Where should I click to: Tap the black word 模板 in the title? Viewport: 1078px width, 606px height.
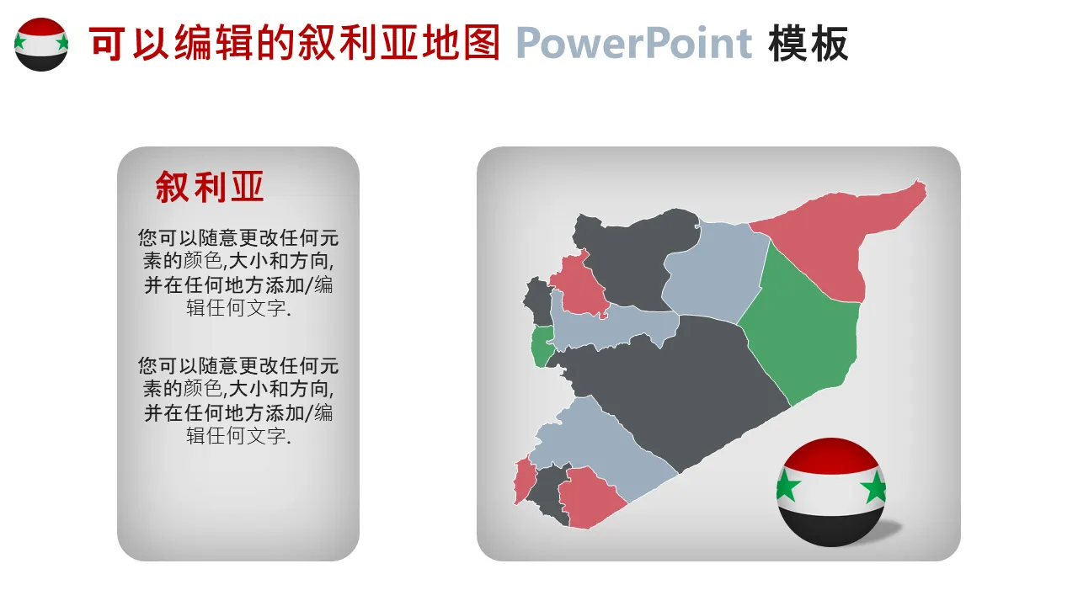coord(808,44)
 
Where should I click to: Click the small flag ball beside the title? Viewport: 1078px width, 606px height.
coord(41,45)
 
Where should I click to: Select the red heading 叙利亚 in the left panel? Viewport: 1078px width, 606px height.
coord(210,187)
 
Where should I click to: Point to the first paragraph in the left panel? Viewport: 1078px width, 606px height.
coord(238,273)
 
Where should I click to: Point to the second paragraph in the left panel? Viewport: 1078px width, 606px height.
coord(238,401)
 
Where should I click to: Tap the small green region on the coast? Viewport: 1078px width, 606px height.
coord(542,345)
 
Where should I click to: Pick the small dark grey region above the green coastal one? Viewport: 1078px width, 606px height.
coord(538,300)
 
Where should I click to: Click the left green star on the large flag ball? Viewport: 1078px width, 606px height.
coord(787,485)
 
